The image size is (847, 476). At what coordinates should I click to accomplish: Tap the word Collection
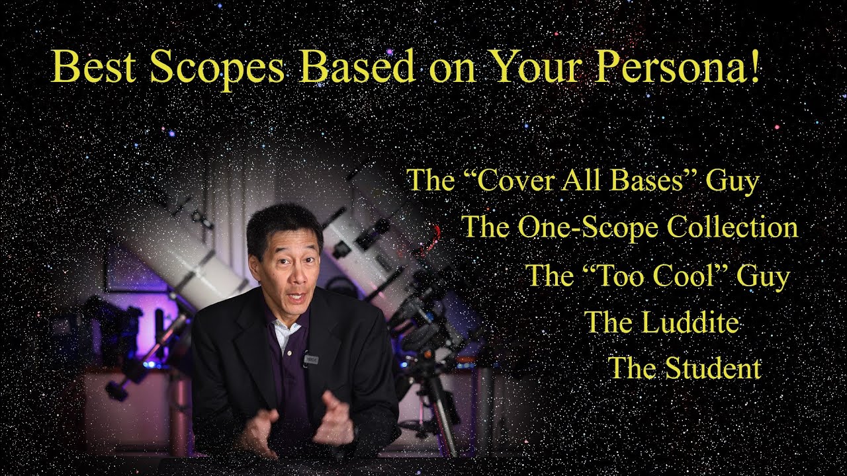(732, 227)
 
